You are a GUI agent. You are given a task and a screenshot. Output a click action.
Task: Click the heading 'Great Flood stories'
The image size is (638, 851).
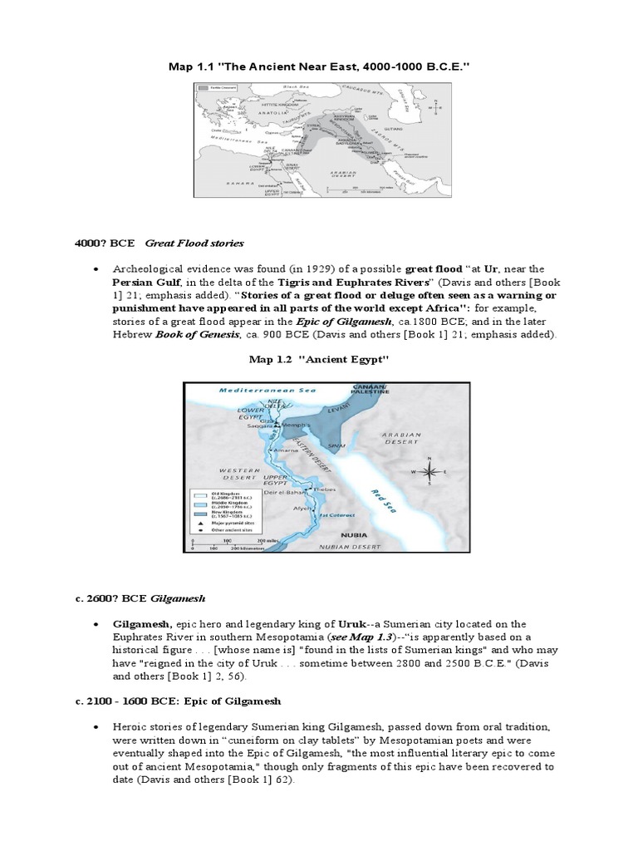194,243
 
